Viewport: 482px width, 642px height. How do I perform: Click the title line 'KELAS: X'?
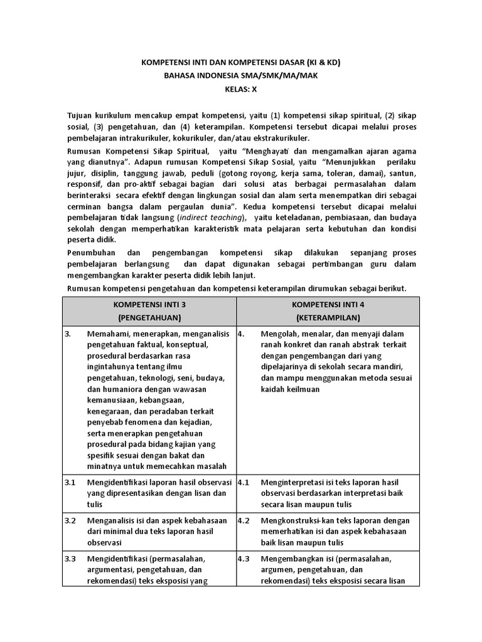(241, 89)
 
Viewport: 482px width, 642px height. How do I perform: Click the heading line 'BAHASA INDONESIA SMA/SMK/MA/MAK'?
(241, 76)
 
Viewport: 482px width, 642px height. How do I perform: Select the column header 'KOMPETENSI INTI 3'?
(149, 304)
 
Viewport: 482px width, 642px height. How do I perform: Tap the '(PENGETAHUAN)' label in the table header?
(149, 318)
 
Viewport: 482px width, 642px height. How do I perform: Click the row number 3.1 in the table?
(70, 483)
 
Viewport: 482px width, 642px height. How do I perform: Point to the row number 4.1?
(244, 483)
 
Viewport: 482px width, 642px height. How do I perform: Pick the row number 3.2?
(70, 520)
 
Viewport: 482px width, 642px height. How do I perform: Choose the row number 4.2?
(244, 520)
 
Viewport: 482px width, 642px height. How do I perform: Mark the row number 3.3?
(70, 558)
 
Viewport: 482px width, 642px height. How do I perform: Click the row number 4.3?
(244, 558)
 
